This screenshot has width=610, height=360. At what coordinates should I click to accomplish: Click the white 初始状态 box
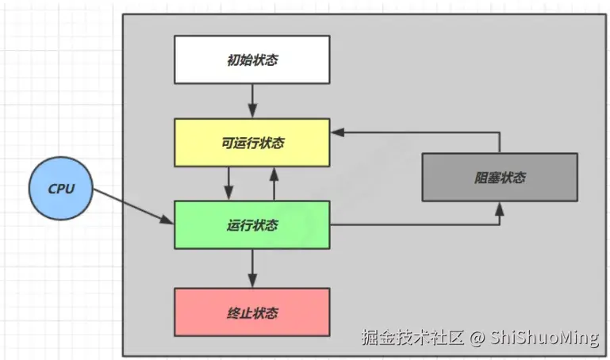[x=251, y=59]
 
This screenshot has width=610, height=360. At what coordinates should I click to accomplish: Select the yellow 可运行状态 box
[x=251, y=143]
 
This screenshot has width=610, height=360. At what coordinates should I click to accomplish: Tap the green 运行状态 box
[x=251, y=225]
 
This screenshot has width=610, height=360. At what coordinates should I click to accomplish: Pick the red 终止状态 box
[x=251, y=312]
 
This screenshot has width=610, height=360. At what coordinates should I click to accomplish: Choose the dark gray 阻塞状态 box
[x=499, y=178]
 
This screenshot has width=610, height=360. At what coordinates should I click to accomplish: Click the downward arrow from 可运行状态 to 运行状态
[x=229, y=183]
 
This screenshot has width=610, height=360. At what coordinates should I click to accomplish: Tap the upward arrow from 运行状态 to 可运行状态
[x=274, y=183]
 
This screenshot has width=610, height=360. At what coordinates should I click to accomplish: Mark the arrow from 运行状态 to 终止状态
[x=251, y=269]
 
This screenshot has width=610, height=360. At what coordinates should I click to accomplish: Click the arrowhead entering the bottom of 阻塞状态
[x=500, y=209]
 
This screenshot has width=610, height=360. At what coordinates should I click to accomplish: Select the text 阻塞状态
[x=499, y=178]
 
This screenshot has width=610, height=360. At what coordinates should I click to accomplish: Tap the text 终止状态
[x=251, y=312]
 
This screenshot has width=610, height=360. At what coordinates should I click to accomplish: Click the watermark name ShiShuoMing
[x=543, y=338]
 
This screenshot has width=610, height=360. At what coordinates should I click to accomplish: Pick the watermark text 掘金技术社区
[x=412, y=338]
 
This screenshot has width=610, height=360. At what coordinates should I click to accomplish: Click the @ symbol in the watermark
[x=475, y=338]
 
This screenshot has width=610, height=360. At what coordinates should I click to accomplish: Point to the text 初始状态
[x=251, y=59]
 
